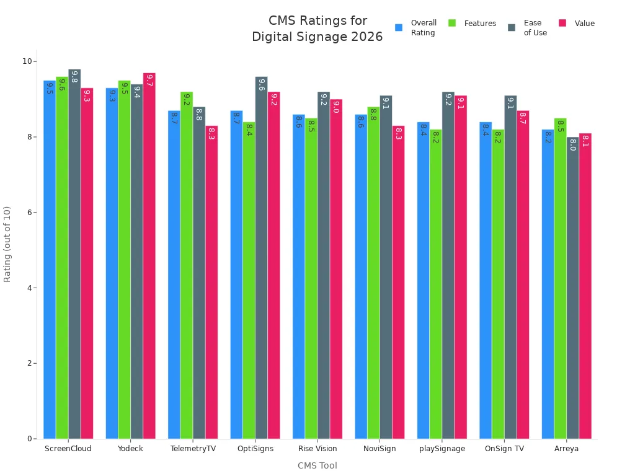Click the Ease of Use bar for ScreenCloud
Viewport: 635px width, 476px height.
74,254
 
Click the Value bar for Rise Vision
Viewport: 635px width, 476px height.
336,269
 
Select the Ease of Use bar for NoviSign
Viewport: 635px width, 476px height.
386,267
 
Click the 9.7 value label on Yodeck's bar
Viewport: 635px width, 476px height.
149,81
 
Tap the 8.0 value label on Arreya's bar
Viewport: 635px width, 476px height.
572,144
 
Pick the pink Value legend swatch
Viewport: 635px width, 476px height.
562,24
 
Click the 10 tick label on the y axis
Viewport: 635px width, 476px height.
27,61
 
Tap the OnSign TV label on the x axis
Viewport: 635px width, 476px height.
504,449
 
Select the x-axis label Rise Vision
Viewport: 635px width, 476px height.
317,449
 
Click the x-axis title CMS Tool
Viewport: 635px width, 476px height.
317,465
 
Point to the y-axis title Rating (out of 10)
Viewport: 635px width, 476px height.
7,244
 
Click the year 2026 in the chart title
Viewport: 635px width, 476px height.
366,37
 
